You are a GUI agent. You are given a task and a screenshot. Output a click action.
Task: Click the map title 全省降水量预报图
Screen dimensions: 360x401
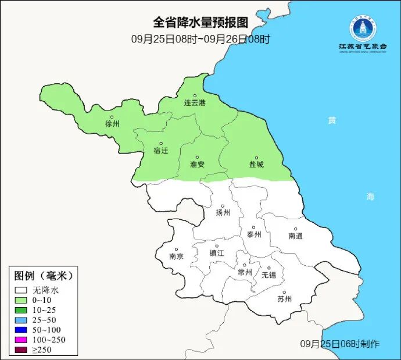pos(201,23)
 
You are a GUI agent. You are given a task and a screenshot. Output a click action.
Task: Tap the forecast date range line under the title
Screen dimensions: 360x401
pos(201,40)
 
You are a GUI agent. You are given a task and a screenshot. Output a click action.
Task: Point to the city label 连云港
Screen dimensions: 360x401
pos(195,103)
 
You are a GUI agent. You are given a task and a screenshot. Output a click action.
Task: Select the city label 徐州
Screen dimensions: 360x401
pos(112,124)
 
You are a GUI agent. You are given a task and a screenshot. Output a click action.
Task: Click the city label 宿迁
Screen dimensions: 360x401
pos(161,151)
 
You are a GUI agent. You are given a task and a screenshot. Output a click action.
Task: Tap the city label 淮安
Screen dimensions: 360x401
pos(197,165)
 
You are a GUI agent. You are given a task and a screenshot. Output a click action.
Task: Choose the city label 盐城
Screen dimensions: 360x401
pos(256,165)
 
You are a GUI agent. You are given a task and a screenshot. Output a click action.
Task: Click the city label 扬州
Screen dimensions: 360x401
pos(223,212)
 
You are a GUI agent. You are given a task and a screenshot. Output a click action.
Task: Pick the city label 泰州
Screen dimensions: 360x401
pos(254,234)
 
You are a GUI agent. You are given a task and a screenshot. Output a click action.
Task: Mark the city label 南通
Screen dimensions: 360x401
pos(295,236)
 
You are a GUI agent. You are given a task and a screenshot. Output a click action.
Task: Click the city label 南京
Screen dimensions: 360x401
pos(176,256)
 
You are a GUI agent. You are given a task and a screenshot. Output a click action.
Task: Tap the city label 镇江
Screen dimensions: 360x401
pos(217,254)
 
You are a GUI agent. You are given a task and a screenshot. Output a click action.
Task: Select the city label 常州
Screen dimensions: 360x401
pos(245,272)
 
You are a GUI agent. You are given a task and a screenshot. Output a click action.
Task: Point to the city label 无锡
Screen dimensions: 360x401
pos(268,275)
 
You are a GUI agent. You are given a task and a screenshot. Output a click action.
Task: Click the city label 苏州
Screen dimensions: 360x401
pos(284,300)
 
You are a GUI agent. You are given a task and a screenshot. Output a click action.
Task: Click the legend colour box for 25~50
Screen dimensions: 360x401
pos(22,320)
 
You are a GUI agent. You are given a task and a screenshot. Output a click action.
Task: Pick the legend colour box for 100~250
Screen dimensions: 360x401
pos(22,340)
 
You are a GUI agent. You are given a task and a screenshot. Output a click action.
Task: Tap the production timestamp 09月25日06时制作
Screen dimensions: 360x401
pos(340,344)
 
